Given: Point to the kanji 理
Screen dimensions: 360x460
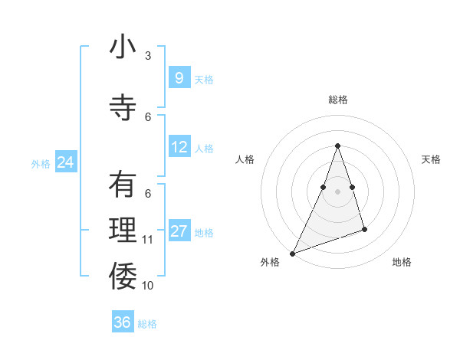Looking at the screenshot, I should (123, 231).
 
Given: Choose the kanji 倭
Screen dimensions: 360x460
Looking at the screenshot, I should (123, 276).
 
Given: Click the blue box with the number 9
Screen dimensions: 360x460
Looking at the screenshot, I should (179, 78).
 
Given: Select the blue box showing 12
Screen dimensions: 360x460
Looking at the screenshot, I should (179, 147).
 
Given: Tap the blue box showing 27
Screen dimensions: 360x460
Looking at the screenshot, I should (179, 231).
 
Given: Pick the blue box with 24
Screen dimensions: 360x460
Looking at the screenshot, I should (65, 162).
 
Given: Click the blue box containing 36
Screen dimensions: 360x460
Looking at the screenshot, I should (122, 322).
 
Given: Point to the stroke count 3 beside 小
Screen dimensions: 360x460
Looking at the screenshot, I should (148, 56).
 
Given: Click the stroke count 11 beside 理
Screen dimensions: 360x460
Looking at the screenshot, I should (148, 240).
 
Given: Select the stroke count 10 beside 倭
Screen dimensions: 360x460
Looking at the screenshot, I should (148, 285).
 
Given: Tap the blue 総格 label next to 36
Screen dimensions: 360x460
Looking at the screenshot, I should (147, 324).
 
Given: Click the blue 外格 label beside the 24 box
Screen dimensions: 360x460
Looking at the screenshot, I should (41, 164).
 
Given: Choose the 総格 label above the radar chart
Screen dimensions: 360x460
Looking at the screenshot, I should (337, 100).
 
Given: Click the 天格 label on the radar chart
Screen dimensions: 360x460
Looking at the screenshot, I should (432, 159).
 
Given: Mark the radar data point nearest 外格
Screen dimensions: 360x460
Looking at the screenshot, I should (293, 253).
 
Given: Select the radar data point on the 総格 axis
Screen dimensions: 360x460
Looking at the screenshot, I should (337, 146).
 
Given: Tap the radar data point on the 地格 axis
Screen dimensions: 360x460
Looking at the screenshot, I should (364, 229).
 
